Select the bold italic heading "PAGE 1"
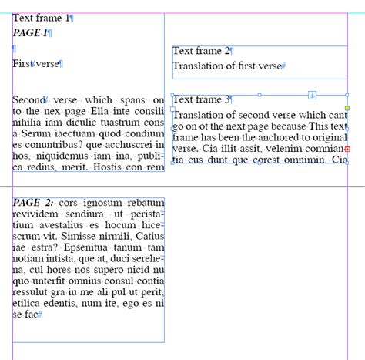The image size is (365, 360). click(x=30, y=33)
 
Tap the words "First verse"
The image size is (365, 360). click(x=36, y=64)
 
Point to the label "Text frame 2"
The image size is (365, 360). click(x=202, y=51)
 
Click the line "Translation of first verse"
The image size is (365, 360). click(x=227, y=66)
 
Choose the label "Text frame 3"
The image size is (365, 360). click(x=202, y=99)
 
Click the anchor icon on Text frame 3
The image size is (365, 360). click(x=312, y=95)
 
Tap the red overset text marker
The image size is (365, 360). click(x=347, y=148)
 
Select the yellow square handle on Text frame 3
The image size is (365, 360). click(x=347, y=109)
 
